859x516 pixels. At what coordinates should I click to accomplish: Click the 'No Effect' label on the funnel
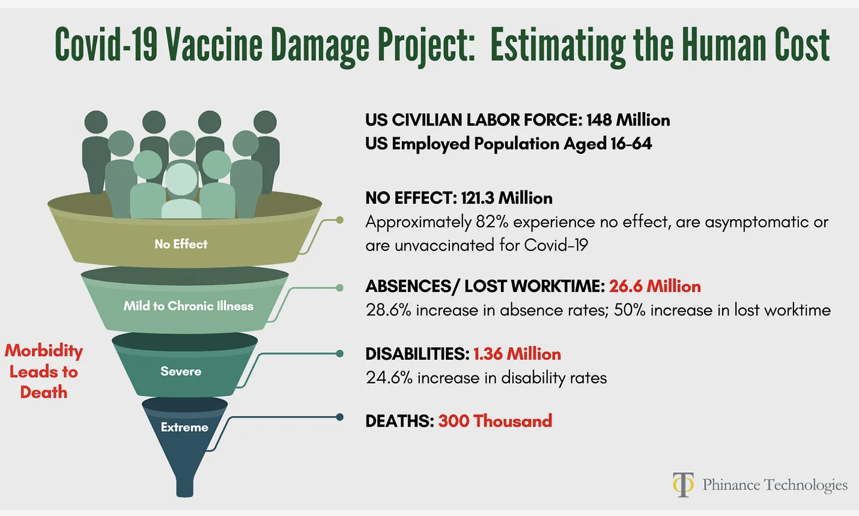click(181, 244)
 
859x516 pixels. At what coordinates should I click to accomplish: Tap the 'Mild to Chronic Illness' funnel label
click(188, 306)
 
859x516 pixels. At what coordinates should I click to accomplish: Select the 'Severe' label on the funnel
click(181, 371)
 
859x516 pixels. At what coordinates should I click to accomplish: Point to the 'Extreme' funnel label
click(184, 427)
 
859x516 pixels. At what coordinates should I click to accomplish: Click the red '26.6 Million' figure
click(655, 287)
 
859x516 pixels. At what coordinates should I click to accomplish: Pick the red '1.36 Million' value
click(517, 354)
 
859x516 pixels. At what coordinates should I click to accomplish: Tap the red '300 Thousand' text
click(495, 421)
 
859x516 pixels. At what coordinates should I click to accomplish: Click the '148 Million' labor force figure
click(628, 120)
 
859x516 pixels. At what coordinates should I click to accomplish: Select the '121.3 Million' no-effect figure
click(506, 198)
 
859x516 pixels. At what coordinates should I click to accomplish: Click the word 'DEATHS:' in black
click(399, 421)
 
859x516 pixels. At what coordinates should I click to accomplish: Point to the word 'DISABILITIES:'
click(417, 354)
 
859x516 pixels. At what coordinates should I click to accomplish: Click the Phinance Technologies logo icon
click(684, 485)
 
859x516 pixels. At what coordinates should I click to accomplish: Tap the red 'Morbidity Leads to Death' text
click(44, 371)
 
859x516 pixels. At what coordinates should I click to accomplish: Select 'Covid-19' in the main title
click(106, 44)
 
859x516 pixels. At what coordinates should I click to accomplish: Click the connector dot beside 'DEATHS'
click(340, 417)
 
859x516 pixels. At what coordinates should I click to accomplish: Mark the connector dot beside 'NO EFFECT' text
click(340, 220)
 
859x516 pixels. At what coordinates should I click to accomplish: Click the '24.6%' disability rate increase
click(389, 378)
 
